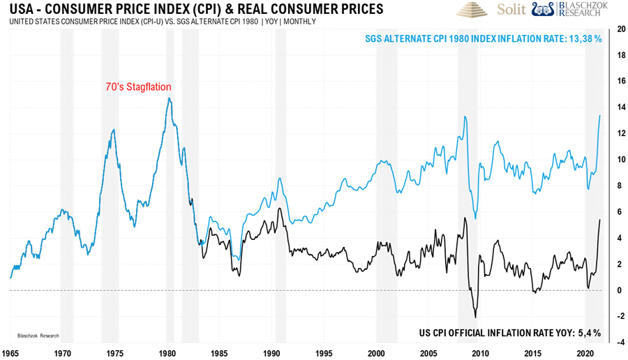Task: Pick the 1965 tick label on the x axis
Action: (x=11, y=354)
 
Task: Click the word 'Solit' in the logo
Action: (x=512, y=10)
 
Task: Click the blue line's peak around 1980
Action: (x=168, y=98)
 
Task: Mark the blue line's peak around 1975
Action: (x=114, y=130)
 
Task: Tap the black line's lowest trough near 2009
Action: (x=475, y=317)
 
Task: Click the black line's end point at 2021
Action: (x=601, y=220)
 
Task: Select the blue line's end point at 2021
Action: (x=601, y=115)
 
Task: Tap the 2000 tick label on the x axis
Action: (x=377, y=354)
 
